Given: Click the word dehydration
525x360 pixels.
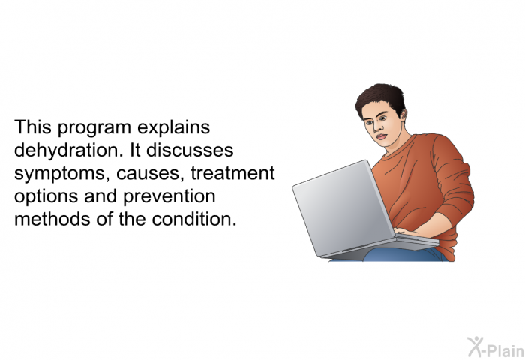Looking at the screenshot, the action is pos(66,151).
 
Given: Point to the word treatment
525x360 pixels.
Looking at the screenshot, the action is pos(232,173).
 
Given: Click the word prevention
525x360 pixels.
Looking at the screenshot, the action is pos(169,197).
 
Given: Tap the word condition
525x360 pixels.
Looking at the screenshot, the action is pos(194,219).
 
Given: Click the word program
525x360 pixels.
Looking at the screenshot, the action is pos(94,128).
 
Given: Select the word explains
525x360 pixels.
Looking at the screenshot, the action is pos(173,128).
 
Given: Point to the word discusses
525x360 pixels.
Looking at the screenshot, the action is pos(190,150).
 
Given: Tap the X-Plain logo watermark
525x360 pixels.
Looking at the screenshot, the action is pos(496,347).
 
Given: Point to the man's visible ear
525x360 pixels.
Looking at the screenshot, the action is pos(403,115).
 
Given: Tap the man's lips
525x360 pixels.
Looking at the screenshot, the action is pos(381,136).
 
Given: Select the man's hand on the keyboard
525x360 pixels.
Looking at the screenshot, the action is pos(406,232).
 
